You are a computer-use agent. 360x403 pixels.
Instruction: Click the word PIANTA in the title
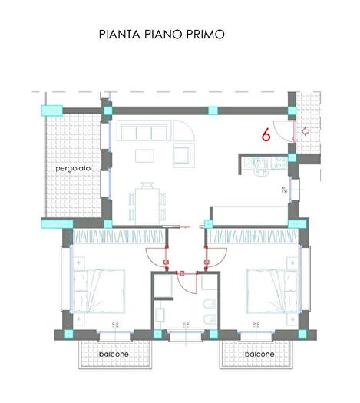click(121, 35)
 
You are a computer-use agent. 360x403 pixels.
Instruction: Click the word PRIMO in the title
click(203, 35)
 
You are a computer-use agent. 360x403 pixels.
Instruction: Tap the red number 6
click(266, 135)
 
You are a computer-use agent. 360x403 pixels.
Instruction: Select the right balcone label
click(259, 355)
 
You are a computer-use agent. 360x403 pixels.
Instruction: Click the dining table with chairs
click(147, 200)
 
